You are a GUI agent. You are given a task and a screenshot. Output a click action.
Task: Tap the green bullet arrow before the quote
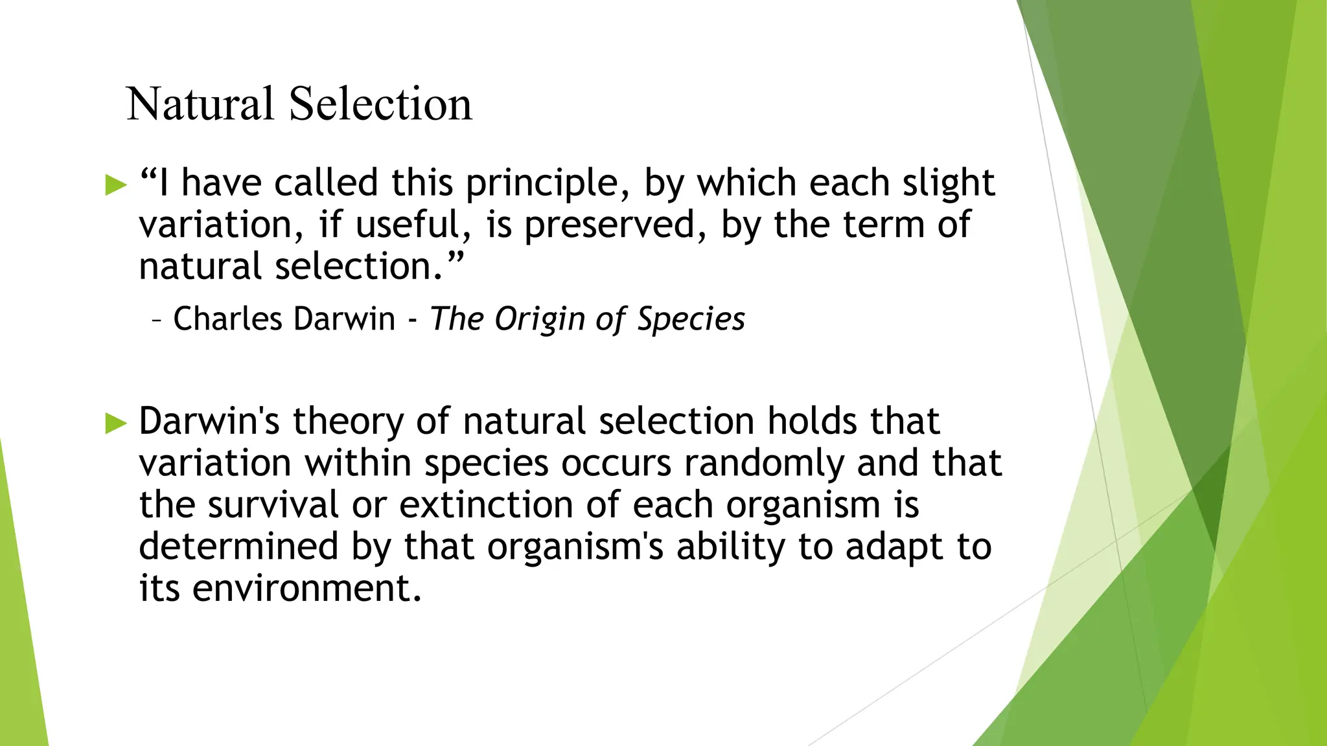(x=116, y=185)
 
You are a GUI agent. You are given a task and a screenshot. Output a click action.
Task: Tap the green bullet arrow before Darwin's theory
(x=116, y=424)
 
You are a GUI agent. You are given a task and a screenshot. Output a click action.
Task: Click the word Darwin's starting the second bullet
(x=209, y=421)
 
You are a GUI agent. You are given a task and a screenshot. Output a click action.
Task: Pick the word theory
(x=349, y=422)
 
